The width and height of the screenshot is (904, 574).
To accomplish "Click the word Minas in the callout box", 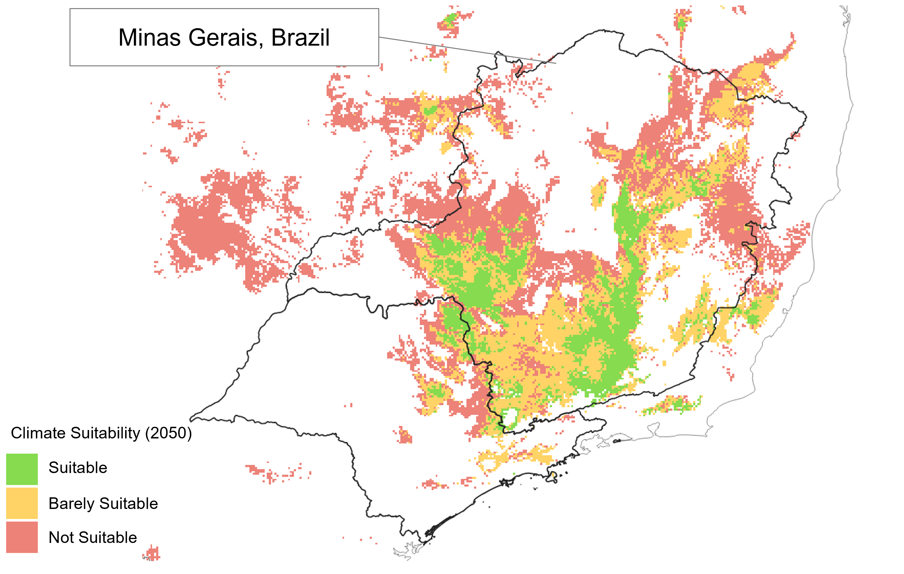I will pyautogui.click(x=149, y=38).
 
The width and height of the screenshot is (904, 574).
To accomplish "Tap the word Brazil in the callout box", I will pyautogui.click(x=300, y=38).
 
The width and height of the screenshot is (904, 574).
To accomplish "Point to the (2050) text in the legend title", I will pyautogui.click(x=168, y=433).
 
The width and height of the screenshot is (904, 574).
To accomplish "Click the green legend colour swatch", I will pyautogui.click(x=22, y=469).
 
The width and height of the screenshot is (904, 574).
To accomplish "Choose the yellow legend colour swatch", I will pyautogui.click(x=22, y=503).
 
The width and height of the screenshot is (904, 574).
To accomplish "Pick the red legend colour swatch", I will pyautogui.click(x=22, y=537).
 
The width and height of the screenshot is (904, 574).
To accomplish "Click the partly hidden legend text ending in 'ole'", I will pyautogui.click(x=149, y=504).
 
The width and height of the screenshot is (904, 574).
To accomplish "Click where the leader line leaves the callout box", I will pyautogui.click(x=379, y=37).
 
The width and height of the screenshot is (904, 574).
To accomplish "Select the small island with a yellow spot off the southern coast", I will pyautogui.click(x=553, y=477).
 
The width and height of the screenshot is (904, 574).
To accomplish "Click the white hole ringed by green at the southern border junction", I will pyautogui.click(x=510, y=417).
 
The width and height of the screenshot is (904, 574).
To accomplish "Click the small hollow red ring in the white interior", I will pyautogui.click(x=542, y=162).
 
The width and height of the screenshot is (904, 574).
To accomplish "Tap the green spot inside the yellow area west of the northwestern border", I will pyautogui.click(x=430, y=110).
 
